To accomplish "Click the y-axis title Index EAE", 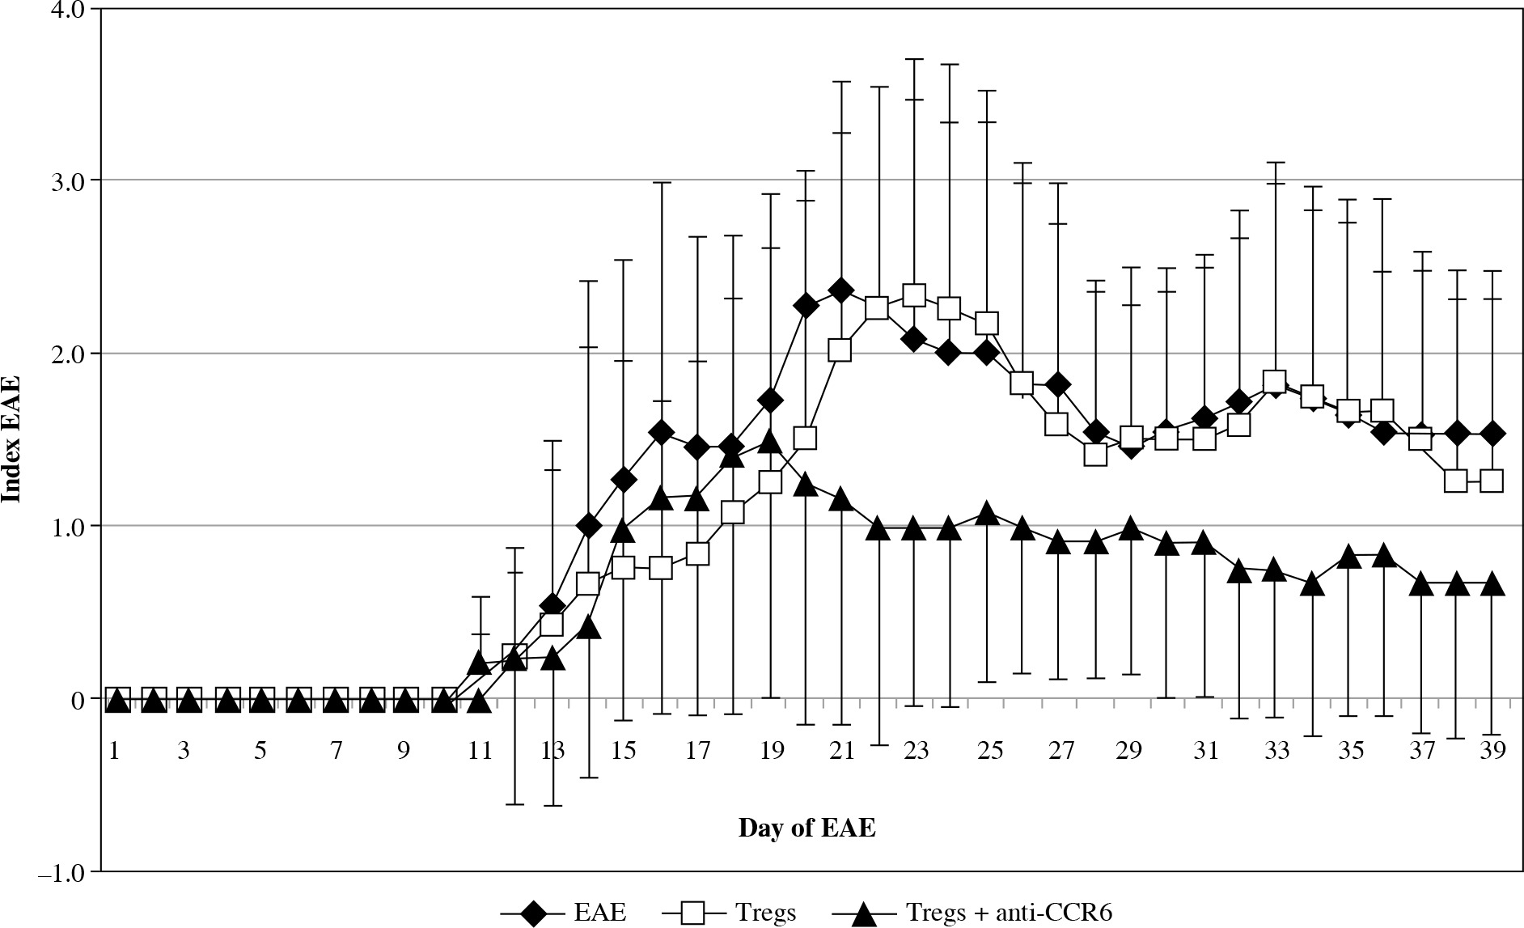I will click(x=11, y=439).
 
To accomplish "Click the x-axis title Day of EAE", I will click(x=806, y=828).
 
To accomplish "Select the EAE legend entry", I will click(x=599, y=913).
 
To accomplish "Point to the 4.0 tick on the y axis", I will click(x=67, y=10).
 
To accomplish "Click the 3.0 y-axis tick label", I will click(x=67, y=181).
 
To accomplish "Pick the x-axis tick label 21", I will click(x=841, y=751).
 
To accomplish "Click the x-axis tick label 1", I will click(x=115, y=751).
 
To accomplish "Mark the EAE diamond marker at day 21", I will click(x=841, y=290).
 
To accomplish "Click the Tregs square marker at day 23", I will click(x=914, y=295).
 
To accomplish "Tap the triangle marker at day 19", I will click(x=770, y=442).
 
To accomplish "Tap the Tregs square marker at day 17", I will click(x=697, y=553).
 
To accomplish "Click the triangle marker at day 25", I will click(x=986, y=514).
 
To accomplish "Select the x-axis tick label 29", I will click(x=1130, y=751).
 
